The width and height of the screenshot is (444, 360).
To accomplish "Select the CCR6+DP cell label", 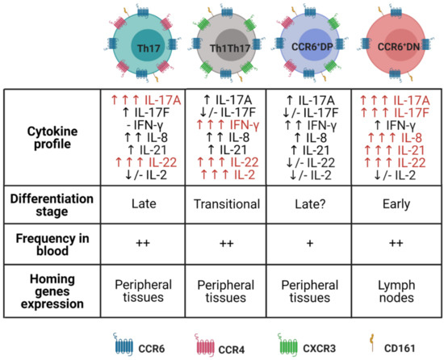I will [x=315, y=48].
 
